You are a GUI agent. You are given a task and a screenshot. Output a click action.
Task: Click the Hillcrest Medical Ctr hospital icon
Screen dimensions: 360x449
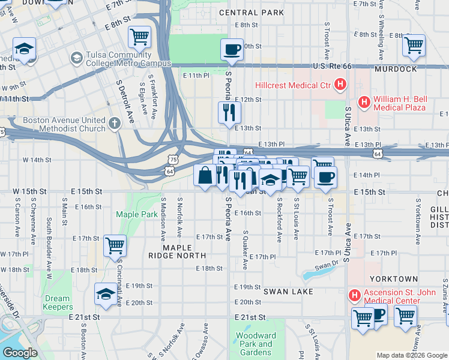click(x=340, y=85)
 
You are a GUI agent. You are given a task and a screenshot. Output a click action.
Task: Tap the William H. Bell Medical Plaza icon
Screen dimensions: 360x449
click(x=364, y=102)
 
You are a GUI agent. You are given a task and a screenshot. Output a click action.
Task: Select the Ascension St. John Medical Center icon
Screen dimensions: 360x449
click(x=354, y=295)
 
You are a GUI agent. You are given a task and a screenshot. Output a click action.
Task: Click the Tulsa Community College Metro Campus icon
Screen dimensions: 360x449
click(x=76, y=58)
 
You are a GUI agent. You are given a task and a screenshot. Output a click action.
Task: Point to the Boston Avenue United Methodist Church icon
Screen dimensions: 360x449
click(x=115, y=124)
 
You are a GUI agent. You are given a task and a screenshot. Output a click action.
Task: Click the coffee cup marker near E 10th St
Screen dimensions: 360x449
click(x=232, y=49)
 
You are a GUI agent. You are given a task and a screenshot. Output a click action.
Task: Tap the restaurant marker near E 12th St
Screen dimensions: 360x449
click(x=229, y=112)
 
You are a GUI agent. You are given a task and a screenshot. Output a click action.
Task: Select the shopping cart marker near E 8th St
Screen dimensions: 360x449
click(x=139, y=37)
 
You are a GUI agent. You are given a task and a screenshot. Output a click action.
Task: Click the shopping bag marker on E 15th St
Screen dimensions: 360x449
click(x=205, y=175)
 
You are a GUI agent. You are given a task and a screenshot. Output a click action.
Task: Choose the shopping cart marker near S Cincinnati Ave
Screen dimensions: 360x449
click(x=114, y=245)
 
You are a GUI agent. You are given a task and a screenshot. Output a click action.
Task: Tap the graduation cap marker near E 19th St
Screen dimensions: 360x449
click(x=106, y=293)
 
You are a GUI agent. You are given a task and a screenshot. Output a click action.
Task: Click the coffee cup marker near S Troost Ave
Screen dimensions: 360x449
click(x=325, y=177)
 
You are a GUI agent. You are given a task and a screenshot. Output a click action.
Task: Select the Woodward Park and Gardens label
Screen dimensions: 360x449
click(x=256, y=344)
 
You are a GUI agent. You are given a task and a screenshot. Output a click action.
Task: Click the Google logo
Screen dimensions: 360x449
click(x=20, y=353)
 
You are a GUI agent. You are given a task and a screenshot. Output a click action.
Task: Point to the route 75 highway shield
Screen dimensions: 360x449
click(x=173, y=160)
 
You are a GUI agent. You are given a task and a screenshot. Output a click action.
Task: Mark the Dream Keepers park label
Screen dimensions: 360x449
click(x=58, y=302)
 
